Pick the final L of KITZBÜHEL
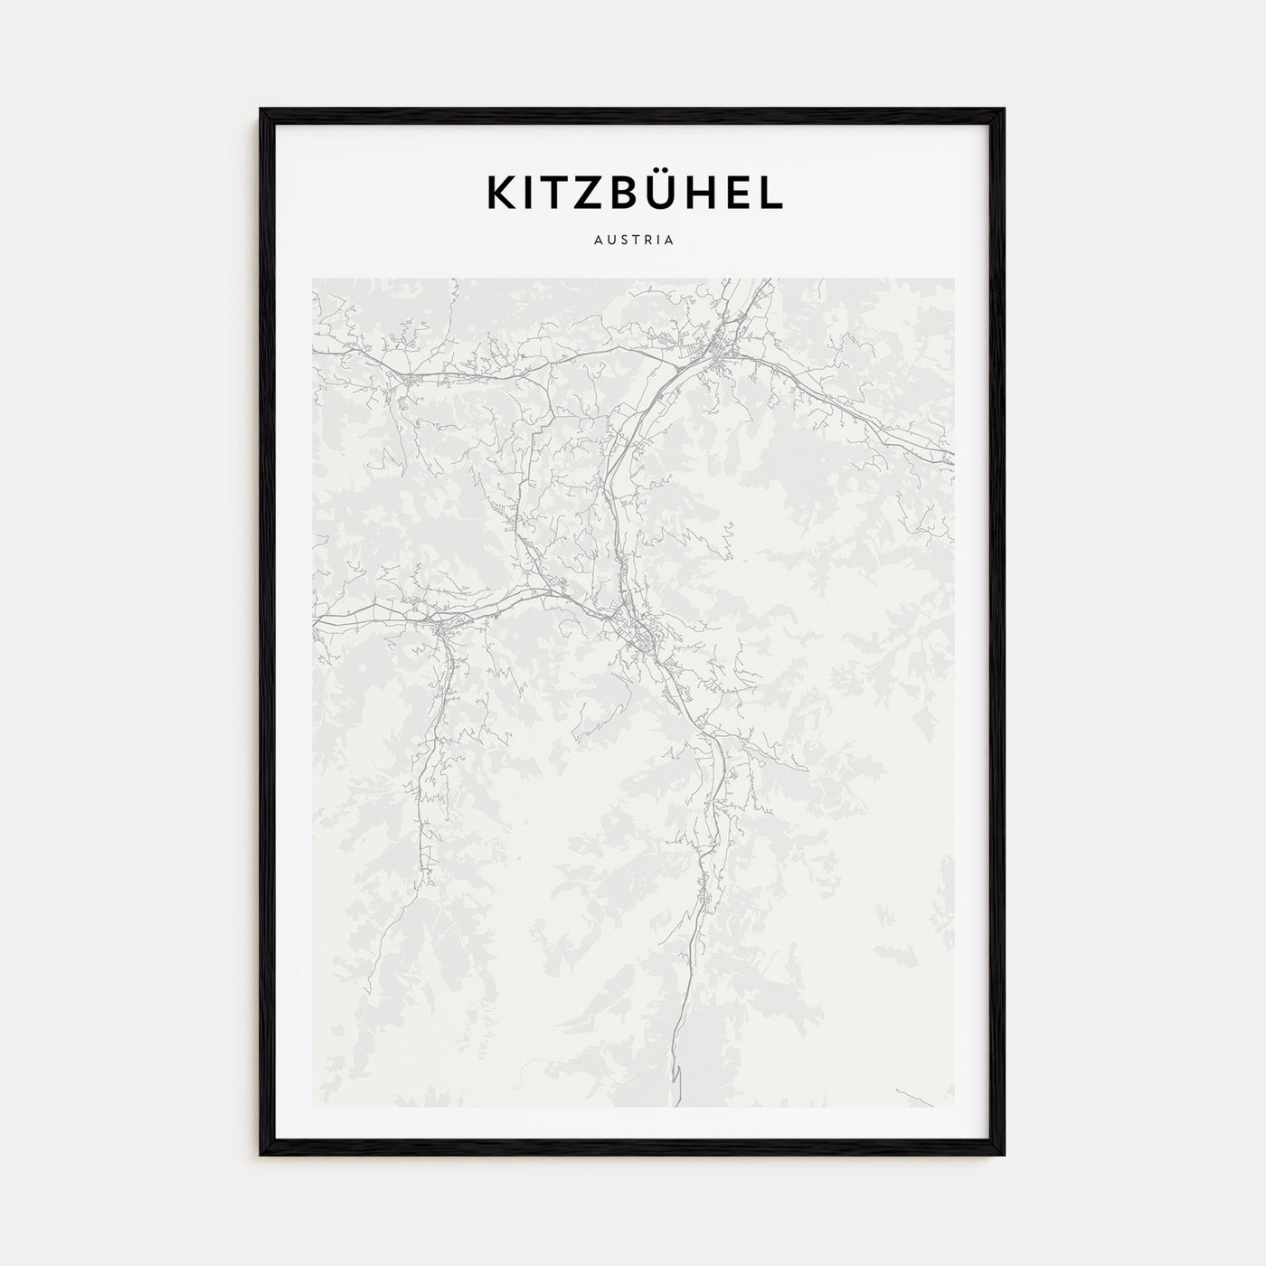coord(771,193)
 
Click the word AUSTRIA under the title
coord(633,241)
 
